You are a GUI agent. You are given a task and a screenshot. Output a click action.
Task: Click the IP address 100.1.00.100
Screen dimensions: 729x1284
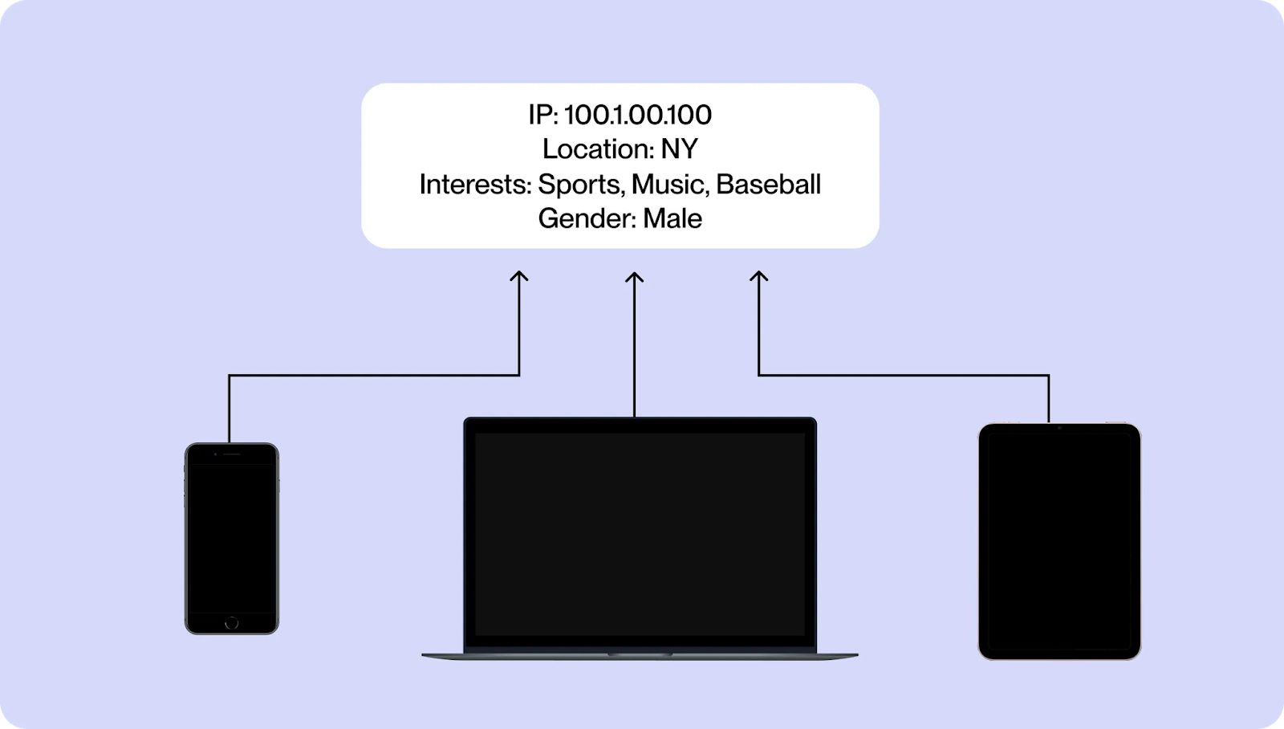(638, 115)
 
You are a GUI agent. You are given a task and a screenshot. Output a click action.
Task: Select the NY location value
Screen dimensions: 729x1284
(679, 149)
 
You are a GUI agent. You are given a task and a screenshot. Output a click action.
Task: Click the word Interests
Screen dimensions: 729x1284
(474, 185)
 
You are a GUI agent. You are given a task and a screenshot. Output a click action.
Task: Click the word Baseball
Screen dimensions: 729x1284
(768, 185)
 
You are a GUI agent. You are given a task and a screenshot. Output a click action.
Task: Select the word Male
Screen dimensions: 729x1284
(672, 219)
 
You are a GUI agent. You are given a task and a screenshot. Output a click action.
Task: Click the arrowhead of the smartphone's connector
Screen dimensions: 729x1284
(519, 276)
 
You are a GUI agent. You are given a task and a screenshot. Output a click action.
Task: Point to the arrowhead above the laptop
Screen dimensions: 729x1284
(635, 276)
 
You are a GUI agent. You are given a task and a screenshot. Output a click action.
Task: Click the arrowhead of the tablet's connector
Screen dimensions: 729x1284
(758, 276)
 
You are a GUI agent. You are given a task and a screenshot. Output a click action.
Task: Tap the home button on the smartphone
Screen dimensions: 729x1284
(232, 623)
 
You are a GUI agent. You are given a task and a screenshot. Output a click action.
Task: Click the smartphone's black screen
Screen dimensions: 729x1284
(232, 538)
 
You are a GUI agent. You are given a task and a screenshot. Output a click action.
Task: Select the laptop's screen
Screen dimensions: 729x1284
(640, 534)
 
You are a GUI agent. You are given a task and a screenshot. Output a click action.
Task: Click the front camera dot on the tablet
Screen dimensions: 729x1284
(1059, 428)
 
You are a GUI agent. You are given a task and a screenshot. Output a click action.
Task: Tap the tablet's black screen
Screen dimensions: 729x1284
(1059, 542)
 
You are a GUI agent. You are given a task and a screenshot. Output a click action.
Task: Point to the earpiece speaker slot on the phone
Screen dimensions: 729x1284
(232, 454)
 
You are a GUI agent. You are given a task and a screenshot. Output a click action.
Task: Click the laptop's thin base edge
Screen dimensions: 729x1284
(640, 656)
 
